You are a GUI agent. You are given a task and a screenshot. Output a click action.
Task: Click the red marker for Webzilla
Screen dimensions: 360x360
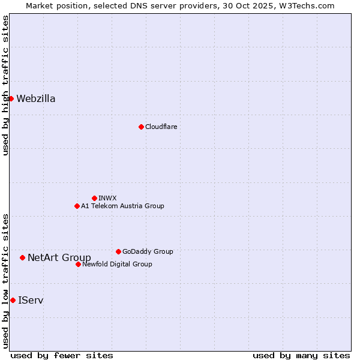[11, 98]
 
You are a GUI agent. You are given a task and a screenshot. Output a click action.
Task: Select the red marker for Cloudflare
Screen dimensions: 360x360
[141, 127]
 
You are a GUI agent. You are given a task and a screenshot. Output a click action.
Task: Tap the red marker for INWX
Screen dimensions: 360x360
[94, 198]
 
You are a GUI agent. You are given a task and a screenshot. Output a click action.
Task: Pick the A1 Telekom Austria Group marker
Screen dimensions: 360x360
[77, 206]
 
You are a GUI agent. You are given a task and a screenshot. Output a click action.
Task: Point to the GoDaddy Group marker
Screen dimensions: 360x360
[118, 251]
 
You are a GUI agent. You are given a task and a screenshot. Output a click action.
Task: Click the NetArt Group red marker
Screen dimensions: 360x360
[22, 257]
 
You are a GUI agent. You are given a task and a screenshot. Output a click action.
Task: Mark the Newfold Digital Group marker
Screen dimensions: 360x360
[78, 264]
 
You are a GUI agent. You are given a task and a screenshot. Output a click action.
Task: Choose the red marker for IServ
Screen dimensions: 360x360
[13, 300]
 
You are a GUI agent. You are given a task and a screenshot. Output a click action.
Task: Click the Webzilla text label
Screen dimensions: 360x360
[36, 99]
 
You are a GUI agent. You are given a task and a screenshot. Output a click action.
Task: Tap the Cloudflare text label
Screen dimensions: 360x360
[161, 127]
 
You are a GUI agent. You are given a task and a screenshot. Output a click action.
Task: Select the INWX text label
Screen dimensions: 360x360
[107, 198]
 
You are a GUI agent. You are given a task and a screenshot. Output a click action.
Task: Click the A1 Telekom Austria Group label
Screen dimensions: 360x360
[122, 206]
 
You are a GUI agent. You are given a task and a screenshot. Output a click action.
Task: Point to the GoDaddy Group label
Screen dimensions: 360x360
[148, 251]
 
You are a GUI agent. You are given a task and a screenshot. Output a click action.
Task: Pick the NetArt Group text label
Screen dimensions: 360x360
[59, 258]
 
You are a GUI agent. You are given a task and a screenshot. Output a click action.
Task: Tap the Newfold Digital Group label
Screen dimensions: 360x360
[117, 264]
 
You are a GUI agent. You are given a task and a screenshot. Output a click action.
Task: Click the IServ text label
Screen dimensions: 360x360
[31, 300]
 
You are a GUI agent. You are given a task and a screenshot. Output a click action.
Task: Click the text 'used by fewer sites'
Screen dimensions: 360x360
[62, 355]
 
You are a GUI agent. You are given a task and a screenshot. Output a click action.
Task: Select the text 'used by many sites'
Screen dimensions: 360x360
[301, 355]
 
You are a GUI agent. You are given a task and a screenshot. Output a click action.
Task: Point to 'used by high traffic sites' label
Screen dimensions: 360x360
[5, 85]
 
